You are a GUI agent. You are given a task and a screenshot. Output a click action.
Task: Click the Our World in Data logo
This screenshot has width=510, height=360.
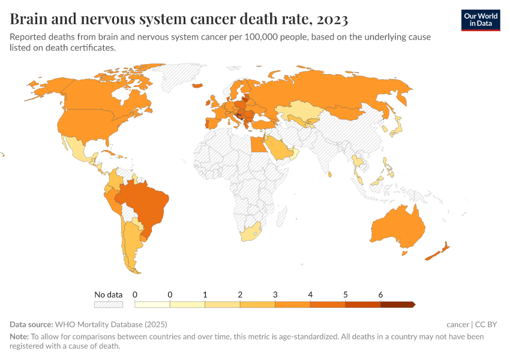point(481,20)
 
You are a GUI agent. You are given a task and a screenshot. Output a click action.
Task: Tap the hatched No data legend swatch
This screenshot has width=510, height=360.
point(109,305)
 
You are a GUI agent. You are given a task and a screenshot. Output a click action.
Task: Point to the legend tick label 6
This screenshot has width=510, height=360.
point(380,295)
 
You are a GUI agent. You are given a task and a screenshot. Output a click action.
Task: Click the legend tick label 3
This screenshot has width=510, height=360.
point(275,295)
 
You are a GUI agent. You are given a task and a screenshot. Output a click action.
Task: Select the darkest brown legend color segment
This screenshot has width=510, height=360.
point(397,305)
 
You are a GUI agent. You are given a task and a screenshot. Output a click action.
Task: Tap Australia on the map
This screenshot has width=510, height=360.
point(398,227)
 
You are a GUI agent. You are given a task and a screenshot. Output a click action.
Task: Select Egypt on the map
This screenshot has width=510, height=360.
point(257,145)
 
